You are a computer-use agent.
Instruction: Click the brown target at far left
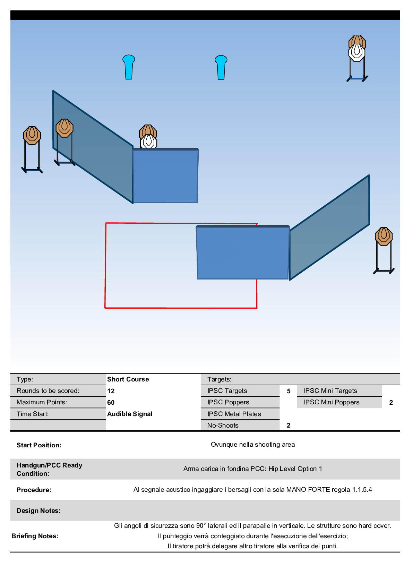[x=32, y=135]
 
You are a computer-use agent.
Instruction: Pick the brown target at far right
[x=384, y=236]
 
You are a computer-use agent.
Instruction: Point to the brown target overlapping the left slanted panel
[x=64, y=128]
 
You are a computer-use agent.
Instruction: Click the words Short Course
[x=128, y=379]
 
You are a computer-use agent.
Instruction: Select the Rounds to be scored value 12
[x=111, y=391]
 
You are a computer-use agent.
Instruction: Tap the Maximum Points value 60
[x=111, y=403]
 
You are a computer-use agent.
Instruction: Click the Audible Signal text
[x=130, y=414]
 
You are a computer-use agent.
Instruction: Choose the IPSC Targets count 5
[x=289, y=391]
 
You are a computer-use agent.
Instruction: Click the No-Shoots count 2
[x=289, y=426]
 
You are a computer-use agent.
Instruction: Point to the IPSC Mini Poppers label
[x=332, y=402]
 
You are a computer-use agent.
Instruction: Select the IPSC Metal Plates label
[x=234, y=414]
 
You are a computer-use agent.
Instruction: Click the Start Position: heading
[x=39, y=445]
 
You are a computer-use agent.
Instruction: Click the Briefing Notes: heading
[x=35, y=536]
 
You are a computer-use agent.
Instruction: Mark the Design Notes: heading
[x=38, y=511]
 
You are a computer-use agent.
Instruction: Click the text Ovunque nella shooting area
[x=253, y=445]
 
